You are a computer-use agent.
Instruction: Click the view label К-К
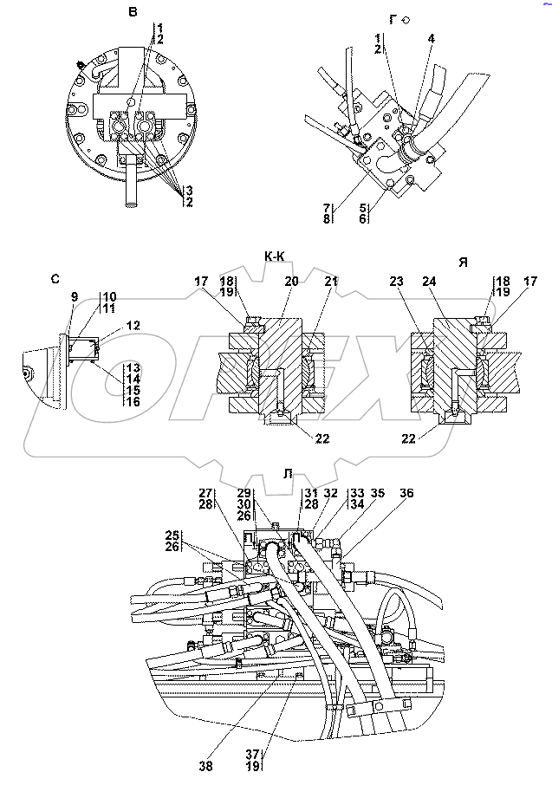tap(275, 256)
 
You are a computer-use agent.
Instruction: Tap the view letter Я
tap(463, 262)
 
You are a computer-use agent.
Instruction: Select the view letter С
tap(55, 279)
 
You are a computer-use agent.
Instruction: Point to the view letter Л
tap(288, 474)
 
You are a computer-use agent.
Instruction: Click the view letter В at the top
tap(133, 12)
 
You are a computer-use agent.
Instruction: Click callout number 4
tap(432, 38)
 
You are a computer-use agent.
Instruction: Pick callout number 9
tap(75, 297)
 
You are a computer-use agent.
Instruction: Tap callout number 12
tap(133, 326)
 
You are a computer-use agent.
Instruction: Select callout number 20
tap(291, 282)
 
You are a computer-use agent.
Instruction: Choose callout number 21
tap(331, 282)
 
